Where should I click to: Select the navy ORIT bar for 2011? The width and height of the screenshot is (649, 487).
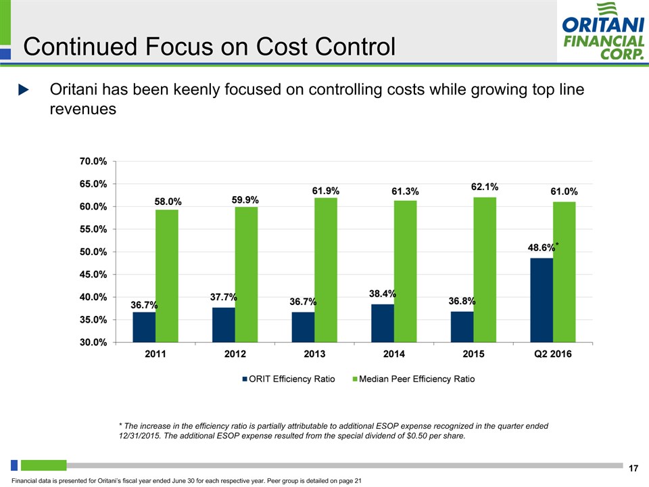click(144, 327)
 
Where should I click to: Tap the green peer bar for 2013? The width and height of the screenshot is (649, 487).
click(326, 269)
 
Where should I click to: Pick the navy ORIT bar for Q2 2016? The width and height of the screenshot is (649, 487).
click(542, 300)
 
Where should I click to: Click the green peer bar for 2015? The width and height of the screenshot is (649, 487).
click(485, 269)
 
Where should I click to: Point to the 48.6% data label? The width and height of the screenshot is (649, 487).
click(541, 248)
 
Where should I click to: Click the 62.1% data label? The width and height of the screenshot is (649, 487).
click(485, 186)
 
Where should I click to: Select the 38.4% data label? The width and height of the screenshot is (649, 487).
click(383, 294)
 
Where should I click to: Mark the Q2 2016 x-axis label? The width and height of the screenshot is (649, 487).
click(552, 354)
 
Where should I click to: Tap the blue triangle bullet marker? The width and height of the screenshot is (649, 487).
click(23, 90)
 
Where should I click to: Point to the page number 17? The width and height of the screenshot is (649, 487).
click(633, 469)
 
